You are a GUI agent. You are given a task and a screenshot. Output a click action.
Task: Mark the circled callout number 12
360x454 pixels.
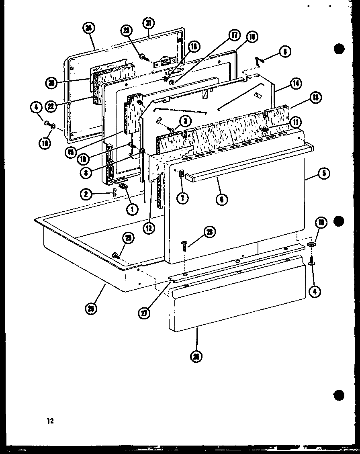149,229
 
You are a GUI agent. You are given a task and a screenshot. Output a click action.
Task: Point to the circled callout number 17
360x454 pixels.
234,36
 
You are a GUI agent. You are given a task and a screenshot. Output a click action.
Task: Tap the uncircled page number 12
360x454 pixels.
49,421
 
